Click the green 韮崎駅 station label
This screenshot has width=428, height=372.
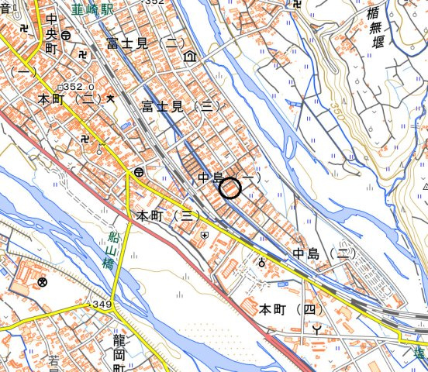[x=91, y=10]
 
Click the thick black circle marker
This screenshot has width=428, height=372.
[x=230, y=188]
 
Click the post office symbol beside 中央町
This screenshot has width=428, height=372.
[x=67, y=36]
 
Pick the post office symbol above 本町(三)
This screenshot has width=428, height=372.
[x=138, y=171]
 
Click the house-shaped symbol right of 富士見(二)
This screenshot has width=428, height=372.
[x=189, y=57]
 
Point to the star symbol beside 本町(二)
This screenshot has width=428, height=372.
[x=111, y=98]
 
